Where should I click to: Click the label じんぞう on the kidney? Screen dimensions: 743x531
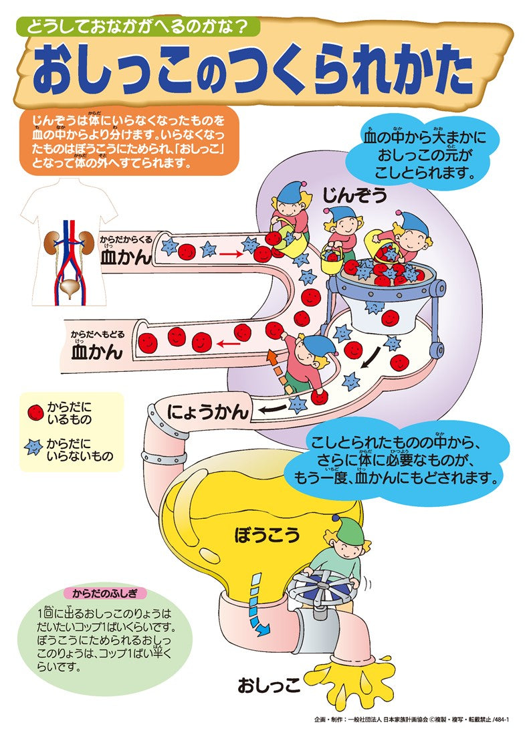354,195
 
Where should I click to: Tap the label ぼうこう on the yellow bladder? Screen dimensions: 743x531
267,534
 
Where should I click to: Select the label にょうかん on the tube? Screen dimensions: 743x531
208,410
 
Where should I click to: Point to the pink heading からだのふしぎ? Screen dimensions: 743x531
104,593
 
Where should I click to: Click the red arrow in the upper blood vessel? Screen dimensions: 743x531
231,254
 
